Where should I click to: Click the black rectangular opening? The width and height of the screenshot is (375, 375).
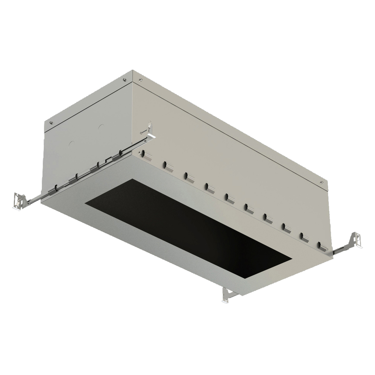(187, 229)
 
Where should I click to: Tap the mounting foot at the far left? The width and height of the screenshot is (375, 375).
(19, 201)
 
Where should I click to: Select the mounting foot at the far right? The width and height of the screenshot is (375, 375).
(355, 240)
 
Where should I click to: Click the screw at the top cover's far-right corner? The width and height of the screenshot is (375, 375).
(322, 183)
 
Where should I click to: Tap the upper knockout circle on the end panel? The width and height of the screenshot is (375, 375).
(101, 127)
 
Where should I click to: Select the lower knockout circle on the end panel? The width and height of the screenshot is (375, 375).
(71, 144)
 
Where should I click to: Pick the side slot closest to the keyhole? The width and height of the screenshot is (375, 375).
(147, 156)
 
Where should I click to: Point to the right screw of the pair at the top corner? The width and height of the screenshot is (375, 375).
(140, 79)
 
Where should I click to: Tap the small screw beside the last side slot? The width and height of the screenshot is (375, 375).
(328, 249)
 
